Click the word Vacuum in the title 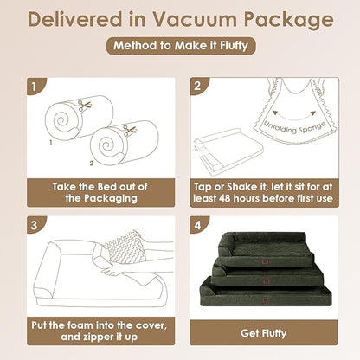pyautogui.click(x=194, y=20)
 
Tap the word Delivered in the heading pyautogui.click(x=74, y=20)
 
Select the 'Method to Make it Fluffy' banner pyautogui.click(x=181, y=46)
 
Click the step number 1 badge pyautogui.click(x=35, y=86)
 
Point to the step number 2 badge pyautogui.click(x=197, y=86)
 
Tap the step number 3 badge pyautogui.click(x=35, y=225)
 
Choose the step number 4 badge pyautogui.click(x=197, y=225)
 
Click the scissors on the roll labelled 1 pyautogui.click(x=85, y=106)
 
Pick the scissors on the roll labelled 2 pyautogui.click(x=130, y=131)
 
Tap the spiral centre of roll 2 pyautogui.click(x=106, y=145)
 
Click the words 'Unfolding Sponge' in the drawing pyautogui.click(x=294, y=128)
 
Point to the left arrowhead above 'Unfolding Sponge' pyautogui.click(x=275, y=112)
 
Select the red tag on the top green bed pyautogui.click(x=264, y=261)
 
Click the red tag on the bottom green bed pyautogui.click(x=266, y=300)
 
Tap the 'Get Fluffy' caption pyautogui.click(x=264, y=333)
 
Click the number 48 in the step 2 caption pyautogui.click(x=224, y=198)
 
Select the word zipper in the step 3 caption pyautogui.click(x=103, y=337)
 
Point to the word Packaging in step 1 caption pyautogui.click(x=111, y=198)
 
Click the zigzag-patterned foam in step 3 pyautogui.click(x=124, y=247)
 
